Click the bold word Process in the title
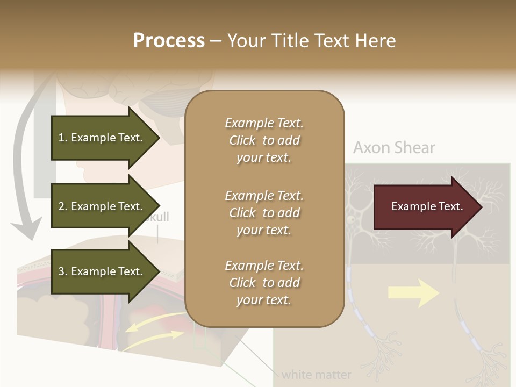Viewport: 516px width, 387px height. point(169,41)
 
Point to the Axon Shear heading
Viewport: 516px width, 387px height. point(394,148)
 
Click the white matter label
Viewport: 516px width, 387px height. point(316,374)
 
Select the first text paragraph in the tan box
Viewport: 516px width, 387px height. point(264,140)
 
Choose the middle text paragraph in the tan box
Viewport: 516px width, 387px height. point(264,213)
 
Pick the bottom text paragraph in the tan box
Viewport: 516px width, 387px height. point(264,283)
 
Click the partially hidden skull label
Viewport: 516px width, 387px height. point(157,217)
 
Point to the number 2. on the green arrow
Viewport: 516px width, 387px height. point(63,207)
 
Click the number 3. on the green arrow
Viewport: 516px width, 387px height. point(63,272)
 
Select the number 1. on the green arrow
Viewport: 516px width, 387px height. point(63,138)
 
